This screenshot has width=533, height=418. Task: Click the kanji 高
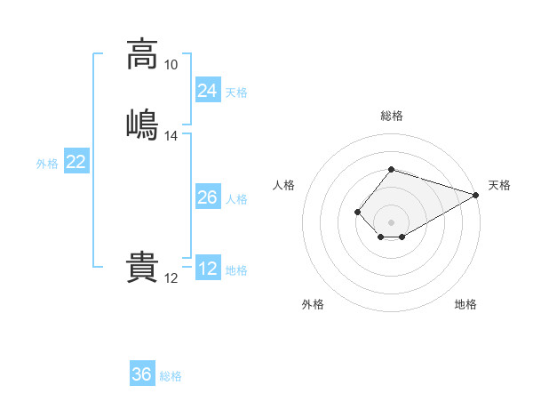tap(142, 55)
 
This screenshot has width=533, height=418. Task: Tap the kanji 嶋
tap(142, 125)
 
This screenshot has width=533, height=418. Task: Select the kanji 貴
tap(142, 267)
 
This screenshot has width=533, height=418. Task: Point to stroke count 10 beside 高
tap(171, 65)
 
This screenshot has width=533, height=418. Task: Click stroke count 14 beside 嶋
tap(171, 136)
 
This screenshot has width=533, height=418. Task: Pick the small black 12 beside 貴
tap(171, 278)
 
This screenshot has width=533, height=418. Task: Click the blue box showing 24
tap(208, 90)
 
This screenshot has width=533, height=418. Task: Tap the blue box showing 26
tap(208, 196)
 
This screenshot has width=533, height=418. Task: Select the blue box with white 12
tap(208, 267)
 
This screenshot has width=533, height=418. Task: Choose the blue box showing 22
tap(76, 160)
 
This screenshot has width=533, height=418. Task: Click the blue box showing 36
tap(142, 373)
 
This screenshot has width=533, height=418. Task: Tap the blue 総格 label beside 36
tap(171, 376)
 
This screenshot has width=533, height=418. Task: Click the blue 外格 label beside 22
tap(47, 164)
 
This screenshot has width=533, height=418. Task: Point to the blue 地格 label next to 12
tap(236, 270)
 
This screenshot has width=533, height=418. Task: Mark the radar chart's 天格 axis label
tap(499, 185)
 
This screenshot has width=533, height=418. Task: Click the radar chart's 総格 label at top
tap(392, 116)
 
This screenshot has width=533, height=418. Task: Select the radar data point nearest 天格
tap(476, 195)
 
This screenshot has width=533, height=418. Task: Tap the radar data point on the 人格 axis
tap(357, 212)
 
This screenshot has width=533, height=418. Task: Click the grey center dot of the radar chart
tap(391, 222)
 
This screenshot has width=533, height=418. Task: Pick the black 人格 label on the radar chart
tap(283, 185)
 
